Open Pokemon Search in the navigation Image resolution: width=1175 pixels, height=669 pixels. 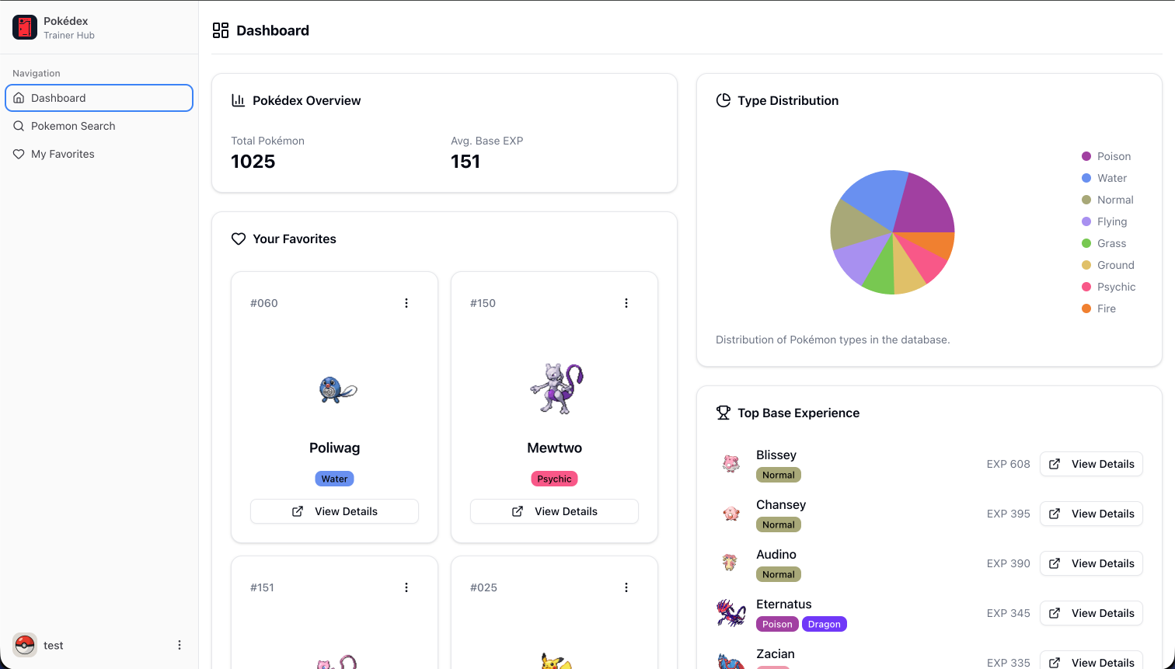coord(73,126)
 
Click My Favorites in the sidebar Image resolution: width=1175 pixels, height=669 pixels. coord(62,154)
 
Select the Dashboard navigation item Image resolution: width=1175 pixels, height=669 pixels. coord(58,98)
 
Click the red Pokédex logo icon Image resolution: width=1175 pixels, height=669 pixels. coord(25,28)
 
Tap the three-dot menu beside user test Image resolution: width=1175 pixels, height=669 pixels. coord(180,645)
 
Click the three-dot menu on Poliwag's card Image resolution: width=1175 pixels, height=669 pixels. coord(406,303)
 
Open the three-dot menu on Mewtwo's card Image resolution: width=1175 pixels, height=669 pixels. coord(626,303)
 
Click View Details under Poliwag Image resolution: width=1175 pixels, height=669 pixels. coord(334,511)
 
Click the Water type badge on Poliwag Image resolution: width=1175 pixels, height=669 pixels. coord(334,479)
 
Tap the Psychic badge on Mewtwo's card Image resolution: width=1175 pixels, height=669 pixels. coord(554,479)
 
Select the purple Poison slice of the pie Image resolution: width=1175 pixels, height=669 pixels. coord(925,202)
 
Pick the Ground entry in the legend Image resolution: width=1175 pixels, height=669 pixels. coord(1115,265)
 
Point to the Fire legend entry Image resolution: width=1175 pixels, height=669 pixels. coord(1106,308)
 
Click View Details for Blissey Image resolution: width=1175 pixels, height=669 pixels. coord(1091,464)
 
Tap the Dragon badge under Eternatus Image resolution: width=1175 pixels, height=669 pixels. coord(824,624)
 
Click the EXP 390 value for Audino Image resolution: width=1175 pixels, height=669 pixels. coord(1008,563)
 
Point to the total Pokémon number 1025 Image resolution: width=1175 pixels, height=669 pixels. coord(253,162)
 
